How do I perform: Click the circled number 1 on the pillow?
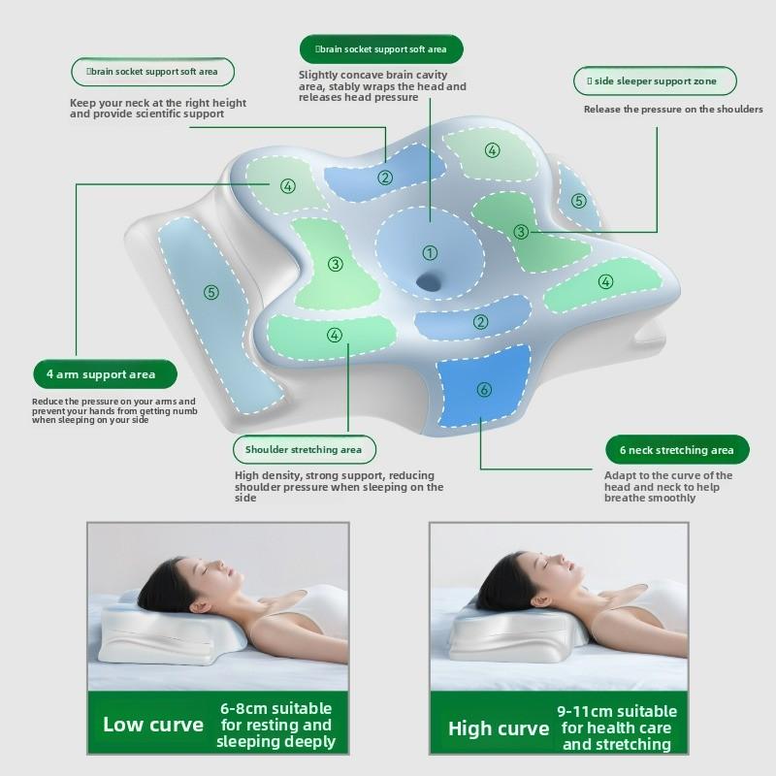(430, 253)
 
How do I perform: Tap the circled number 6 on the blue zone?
(483, 390)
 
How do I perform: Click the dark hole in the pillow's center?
(428, 282)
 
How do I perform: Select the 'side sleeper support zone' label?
(655, 81)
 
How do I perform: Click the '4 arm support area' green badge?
(105, 374)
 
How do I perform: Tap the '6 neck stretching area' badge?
(677, 450)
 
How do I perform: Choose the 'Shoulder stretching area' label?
(305, 449)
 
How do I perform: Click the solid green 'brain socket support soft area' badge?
(381, 49)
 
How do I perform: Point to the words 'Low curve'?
(153, 725)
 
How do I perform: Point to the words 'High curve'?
(499, 728)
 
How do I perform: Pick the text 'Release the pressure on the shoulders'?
(673, 109)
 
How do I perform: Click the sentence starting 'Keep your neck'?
(158, 108)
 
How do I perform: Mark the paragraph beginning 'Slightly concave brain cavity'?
(382, 86)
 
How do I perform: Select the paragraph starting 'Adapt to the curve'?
(668, 487)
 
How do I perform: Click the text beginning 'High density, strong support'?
(339, 487)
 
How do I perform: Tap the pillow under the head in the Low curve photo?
(158, 633)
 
